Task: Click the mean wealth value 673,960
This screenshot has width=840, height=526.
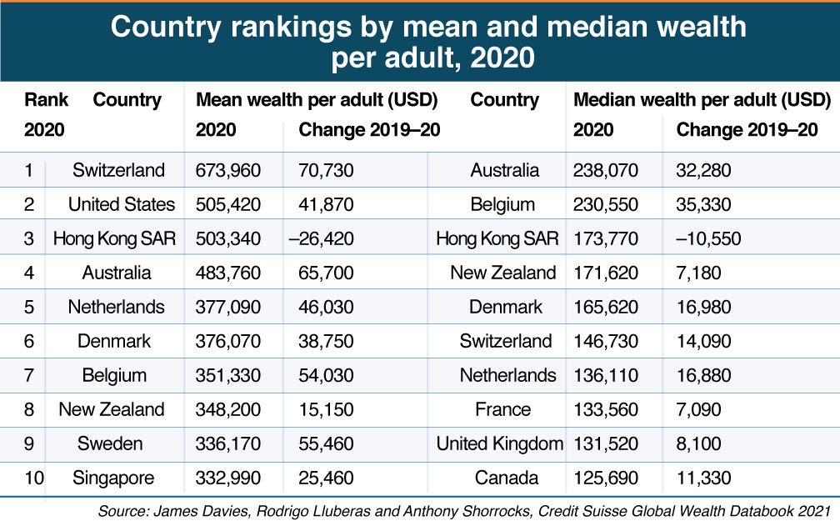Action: pyautogui.click(x=228, y=171)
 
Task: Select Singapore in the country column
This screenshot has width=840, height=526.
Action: pyautogui.click(x=114, y=478)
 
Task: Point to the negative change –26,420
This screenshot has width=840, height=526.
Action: pyautogui.click(x=321, y=239)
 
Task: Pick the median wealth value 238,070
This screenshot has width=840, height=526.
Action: pyautogui.click(x=606, y=171)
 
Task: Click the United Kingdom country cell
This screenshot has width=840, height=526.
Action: pyautogui.click(x=500, y=444)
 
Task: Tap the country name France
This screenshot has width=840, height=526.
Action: pyautogui.click(x=502, y=410)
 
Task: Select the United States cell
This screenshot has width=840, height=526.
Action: pyautogui.click(x=122, y=205)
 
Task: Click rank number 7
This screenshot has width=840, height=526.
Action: pyautogui.click(x=29, y=376)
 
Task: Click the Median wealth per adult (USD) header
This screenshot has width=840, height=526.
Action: pyautogui.click(x=702, y=101)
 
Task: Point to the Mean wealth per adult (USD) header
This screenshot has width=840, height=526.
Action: pyautogui.click(x=317, y=101)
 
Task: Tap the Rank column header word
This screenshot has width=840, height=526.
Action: pyautogui.click(x=47, y=101)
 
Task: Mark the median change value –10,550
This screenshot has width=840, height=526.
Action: pyautogui.click(x=708, y=239)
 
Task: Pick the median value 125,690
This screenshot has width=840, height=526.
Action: pyautogui.click(x=606, y=478)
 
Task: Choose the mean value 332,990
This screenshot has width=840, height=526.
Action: pyautogui.click(x=228, y=478)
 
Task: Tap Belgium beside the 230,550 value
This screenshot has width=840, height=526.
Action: pyautogui.click(x=502, y=205)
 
